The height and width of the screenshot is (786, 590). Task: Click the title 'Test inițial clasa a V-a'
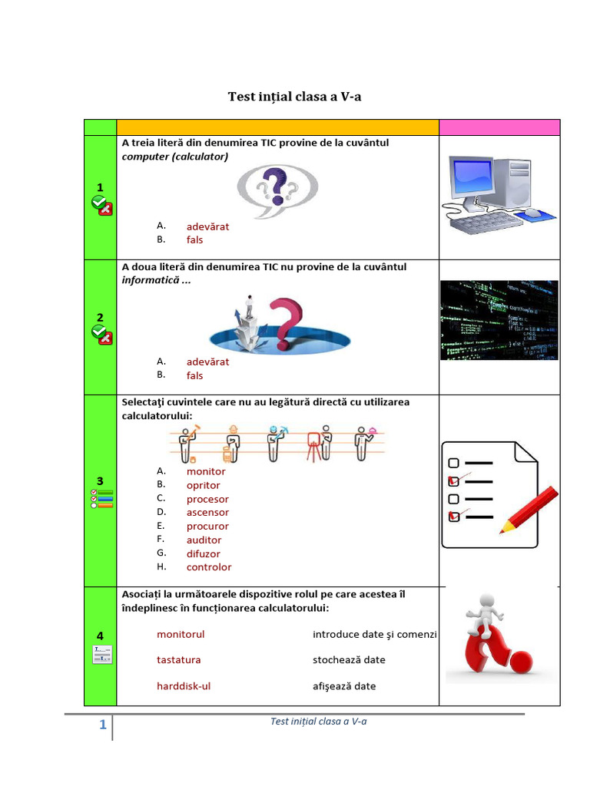[294, 97]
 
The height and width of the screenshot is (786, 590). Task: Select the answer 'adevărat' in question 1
[207, 226]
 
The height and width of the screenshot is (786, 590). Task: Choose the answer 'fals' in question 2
[194, 375]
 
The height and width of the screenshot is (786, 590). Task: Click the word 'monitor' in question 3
[206, 471]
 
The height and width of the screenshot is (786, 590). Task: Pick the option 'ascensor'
[207, 512]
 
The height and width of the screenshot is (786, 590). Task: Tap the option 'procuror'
[207, 526]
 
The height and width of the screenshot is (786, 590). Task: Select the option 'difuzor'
[203, 553]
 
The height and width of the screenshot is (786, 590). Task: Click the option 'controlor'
[208, 567]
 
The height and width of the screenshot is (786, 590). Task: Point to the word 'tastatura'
[179, 659]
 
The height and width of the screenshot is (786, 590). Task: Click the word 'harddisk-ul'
[184, 686]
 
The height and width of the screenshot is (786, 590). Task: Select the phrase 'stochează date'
[349, 659]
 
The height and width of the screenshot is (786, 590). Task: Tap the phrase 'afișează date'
[344, 686]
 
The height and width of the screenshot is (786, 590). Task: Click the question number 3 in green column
[100, 481]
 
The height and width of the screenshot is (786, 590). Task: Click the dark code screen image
[499, 320]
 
